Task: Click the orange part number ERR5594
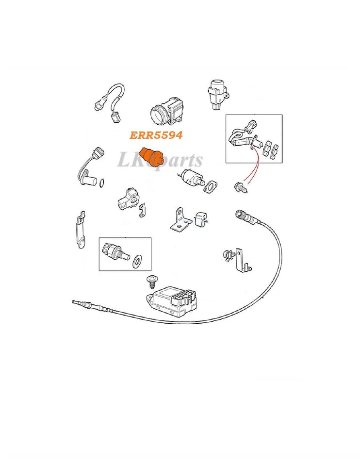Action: click(x=156, y=135)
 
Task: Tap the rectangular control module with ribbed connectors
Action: click(x=172, y=302)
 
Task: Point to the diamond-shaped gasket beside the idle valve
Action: click(x=211, y=187)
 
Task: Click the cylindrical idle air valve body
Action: click(x=192, y=176)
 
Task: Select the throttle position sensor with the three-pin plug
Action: click(x=128, y=198)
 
